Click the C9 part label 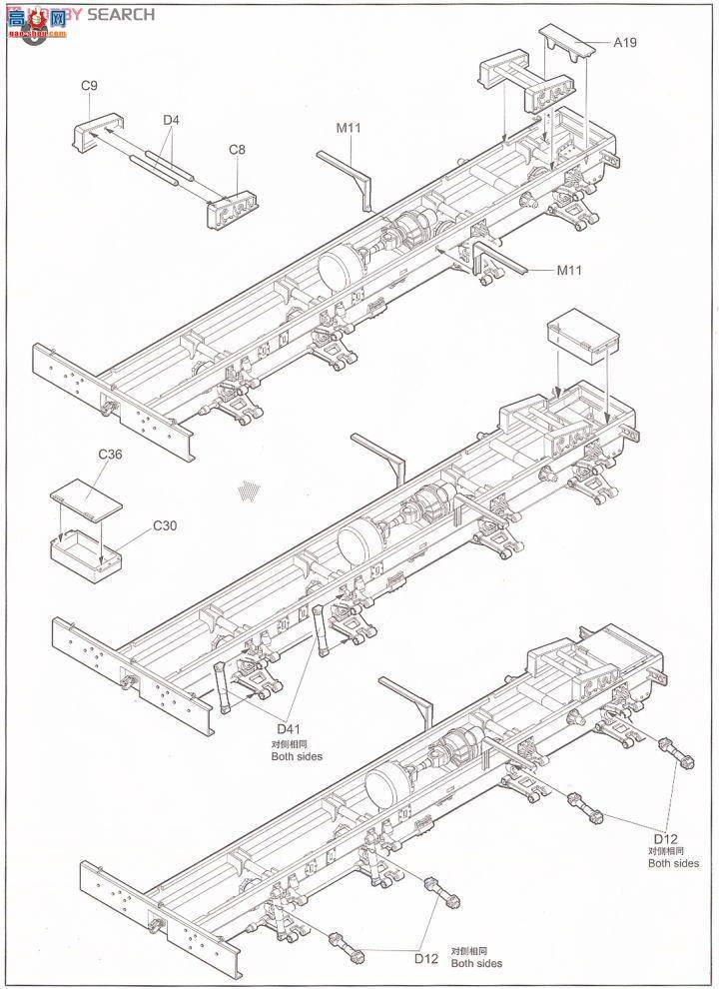[89, 87]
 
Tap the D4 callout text [172, 121]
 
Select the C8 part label [237, 150]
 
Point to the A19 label [625, 42]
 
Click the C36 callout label [110, 455]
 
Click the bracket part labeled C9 [95, 132]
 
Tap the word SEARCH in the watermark [121, 14]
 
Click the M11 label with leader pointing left [570, 270]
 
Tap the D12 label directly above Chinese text [666, 837]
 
